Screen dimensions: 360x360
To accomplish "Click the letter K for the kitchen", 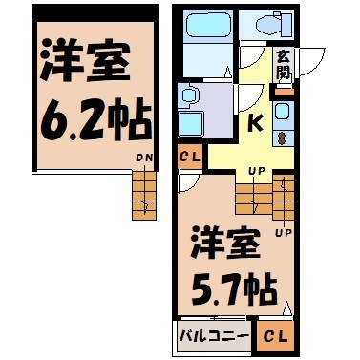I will click(x=255, y=123).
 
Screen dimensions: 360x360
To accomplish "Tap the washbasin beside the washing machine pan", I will click(x=188, y=95).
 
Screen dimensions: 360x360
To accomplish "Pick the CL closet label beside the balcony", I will click(x=273, y=336).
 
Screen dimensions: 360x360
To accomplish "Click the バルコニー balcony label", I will click(x=213, y=336).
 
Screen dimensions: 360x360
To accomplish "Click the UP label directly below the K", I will click(x=256, y=172).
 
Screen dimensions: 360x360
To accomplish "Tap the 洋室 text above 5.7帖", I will click(x=229, y=242).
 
